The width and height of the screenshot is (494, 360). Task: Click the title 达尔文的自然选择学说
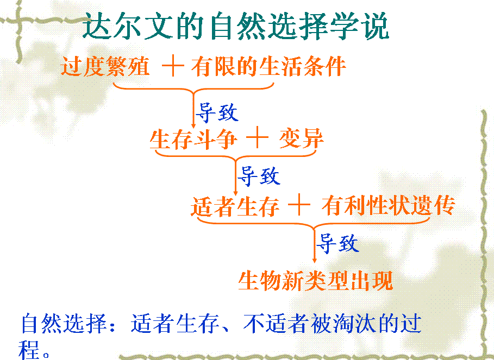pyautogui.click(x=236, y=26)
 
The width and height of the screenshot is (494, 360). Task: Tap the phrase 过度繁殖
pyautogui.click(x=105, y=66)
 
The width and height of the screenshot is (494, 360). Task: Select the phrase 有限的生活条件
pyautogui.click(x=269, y=66)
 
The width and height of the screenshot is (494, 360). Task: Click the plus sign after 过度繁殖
pyautogui.click(x=173, y=66)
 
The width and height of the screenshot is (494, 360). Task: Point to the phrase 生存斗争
pyautogui.click(x=193, y=139)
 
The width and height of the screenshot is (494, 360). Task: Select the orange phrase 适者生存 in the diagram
pyautogui.click(x=235, y=206)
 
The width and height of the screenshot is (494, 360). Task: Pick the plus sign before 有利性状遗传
pyautogui.click(x=299, y=205)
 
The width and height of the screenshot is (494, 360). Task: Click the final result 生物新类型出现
pyautogui.click(x=315, y=280)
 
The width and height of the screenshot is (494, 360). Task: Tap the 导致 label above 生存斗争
pyautogui.click(x=217, y=112)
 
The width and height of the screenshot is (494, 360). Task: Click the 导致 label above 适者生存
pyautogui.click(x=259, y=175)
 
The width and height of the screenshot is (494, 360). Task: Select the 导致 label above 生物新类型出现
pyautogui.click(x=337, y=243)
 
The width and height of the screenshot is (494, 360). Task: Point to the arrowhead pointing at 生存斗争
pyautogui.click(x=194, y=125)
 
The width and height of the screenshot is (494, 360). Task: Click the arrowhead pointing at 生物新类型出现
pyautogui.click(x=314, y=260)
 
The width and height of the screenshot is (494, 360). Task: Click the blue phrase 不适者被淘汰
pyautogui.click(x=309, y=324)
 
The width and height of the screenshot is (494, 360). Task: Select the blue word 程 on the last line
pyautogui.click(x=29, y=349)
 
